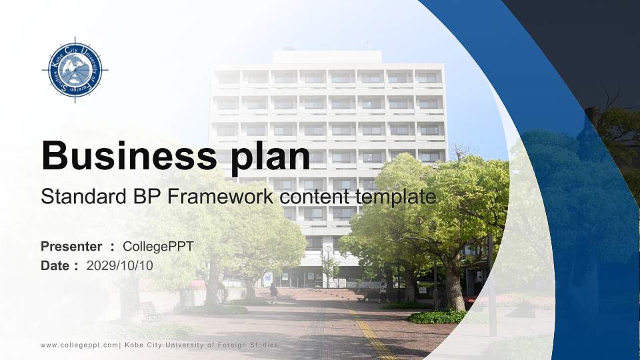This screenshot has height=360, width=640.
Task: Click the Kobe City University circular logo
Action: coord(75,69)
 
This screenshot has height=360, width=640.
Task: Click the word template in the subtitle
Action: coord(397,197)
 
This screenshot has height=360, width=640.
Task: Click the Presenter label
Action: coord(71,247)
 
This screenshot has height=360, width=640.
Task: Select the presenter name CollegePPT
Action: coord(159,247)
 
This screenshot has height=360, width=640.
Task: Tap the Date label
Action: coord(55,265)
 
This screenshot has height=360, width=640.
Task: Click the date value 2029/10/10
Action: coord(120,265)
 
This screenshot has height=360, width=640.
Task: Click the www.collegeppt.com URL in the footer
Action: coord(79,345)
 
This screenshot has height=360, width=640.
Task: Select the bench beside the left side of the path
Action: coord(149,309)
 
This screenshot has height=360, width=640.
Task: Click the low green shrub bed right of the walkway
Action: coord(437,317)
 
